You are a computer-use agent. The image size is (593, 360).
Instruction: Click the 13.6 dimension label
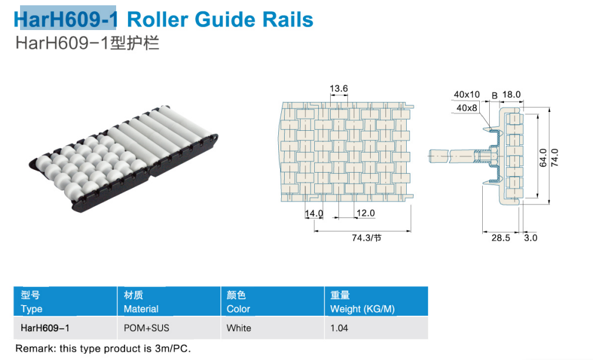(338, 88)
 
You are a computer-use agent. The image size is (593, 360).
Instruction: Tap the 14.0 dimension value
(314, 214)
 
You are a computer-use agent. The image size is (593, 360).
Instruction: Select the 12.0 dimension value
(365, 213)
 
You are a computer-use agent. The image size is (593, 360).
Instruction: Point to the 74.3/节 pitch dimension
(367, 238)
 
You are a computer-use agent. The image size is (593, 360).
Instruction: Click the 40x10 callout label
(467, 94)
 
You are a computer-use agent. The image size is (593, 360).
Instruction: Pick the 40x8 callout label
(467, 108)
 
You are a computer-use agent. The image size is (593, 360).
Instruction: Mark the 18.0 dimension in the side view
(511, 94)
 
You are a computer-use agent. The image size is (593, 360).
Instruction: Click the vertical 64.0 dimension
(543, 158)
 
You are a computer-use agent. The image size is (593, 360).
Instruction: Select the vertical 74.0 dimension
(555, 158)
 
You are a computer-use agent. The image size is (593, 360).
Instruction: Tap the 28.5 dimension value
(500, 238)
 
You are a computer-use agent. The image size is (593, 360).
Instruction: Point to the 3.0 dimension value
(531, 238)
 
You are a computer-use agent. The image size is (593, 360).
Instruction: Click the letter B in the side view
(495, 96)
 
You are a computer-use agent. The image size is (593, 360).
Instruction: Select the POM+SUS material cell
(146, 328)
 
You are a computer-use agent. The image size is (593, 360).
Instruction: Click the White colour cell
(239, 328)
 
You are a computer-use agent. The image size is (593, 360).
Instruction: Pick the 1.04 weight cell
(339, 328)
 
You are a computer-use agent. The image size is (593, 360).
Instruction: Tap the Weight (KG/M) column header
(363, 309)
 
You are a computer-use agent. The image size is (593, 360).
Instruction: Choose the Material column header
(141, 309)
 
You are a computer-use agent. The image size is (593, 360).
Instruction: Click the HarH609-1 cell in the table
(45, 328)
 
